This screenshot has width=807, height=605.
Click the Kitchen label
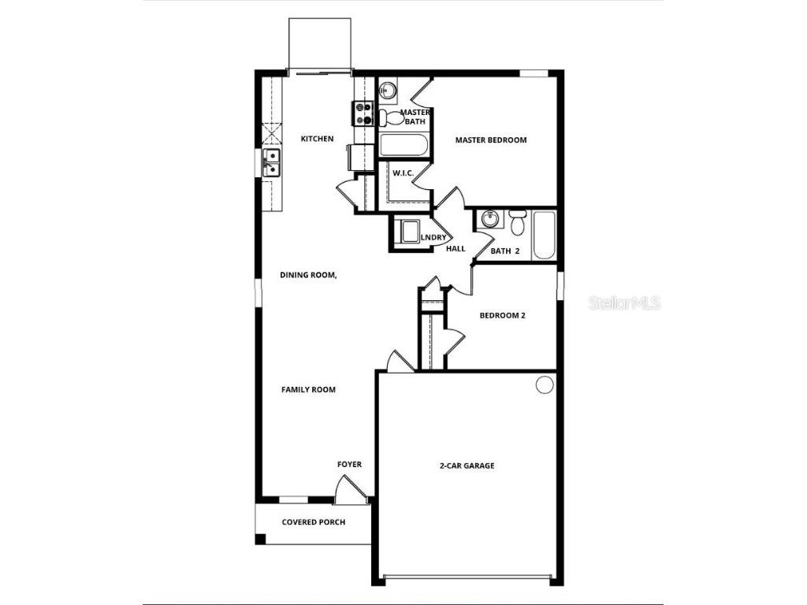(x=318, y=139)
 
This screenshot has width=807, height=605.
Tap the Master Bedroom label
(x=491, y=140)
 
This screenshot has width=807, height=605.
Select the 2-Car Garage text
(x=467, y=466)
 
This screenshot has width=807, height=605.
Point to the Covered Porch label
(x=314, y=522)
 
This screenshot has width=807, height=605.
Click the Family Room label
(x=309, y=390)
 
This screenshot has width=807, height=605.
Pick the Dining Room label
(x=309, y=276)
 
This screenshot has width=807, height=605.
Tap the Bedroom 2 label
(x=503, y=316)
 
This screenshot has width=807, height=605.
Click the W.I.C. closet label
(x=403, y=173)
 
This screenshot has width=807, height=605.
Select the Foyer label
(x=350, y=465)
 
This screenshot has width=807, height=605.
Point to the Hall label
(x=456, y=249)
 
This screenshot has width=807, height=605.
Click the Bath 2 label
(x=505, y=251)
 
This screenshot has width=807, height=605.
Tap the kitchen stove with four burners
(x=363, y=114)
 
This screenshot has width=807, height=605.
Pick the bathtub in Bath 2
(x=545, y=235)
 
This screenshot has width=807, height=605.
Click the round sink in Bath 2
(x=489, y=218)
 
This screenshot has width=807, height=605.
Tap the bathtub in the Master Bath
(x=403, y=145)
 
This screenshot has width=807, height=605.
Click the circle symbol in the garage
(x=545, y=384)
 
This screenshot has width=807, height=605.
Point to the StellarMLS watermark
(x=624, y=303)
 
